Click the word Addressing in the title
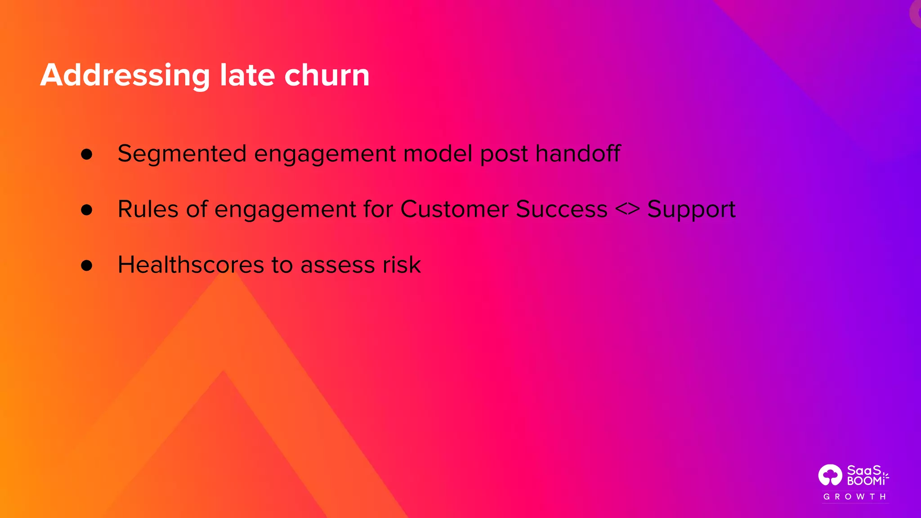coord(125,75)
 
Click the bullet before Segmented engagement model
coord(87,154)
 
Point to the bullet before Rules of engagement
coord(87,210)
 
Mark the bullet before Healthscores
coord(87,265)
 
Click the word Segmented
coord(182,154)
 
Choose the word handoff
coord(578,154)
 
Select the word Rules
coord(148,210)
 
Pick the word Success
coord(561,210)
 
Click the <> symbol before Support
coord(627,210)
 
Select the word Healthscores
coord(191,265)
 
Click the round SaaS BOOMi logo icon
coord(830,475)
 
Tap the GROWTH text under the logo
coord(855,497)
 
